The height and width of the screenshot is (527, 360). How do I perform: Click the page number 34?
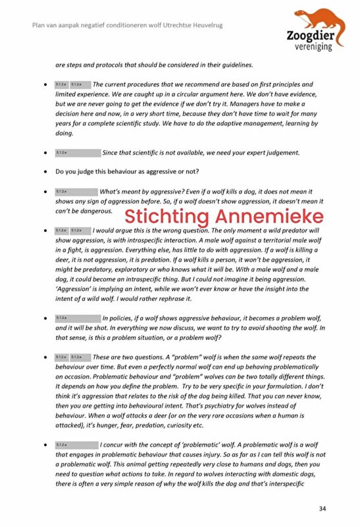tap(322, 508)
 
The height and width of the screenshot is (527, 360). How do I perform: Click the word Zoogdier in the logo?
tap(309, 38)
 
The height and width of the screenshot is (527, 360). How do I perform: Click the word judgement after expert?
tap(275, 153)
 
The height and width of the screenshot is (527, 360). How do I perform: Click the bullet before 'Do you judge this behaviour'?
tap(43, 172)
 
